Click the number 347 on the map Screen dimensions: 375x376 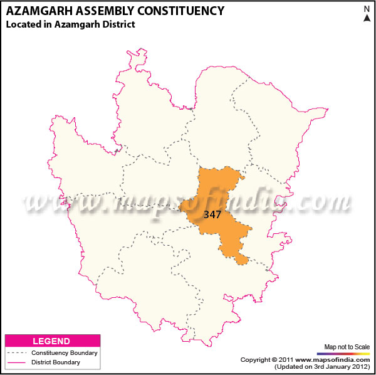coord(212,214)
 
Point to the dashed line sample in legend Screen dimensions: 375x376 coord(17,353)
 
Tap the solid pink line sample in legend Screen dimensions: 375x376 coord(17,362)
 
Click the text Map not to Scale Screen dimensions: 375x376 coord(347,346)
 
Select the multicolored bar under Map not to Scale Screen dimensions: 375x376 coord(347,353)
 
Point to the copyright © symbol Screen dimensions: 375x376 coord(274,359)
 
